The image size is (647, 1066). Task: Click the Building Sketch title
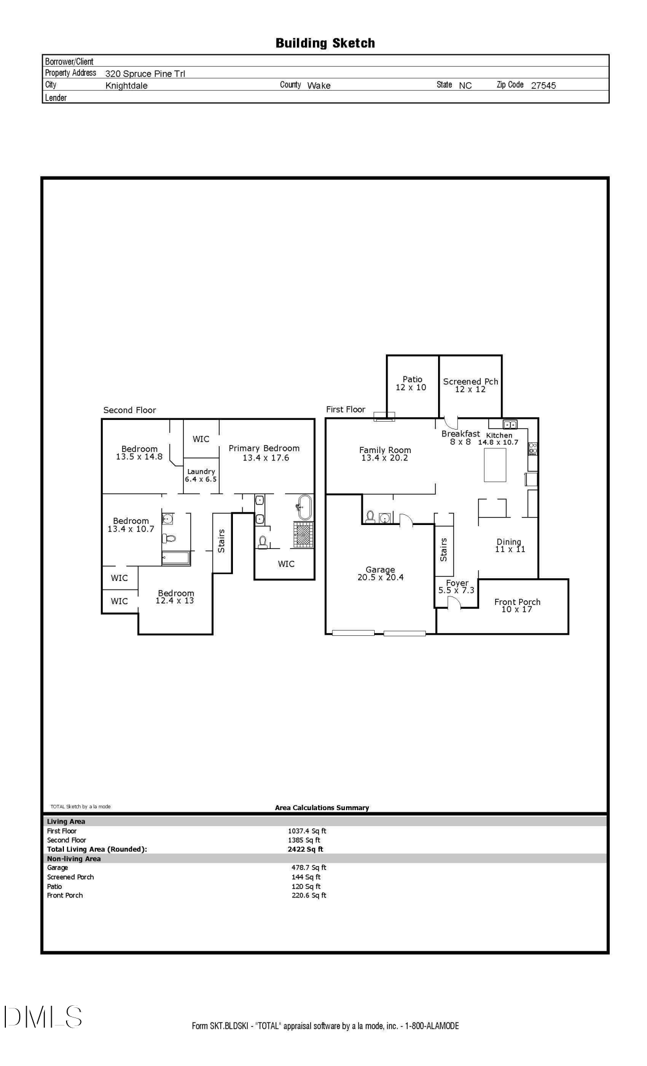point(325,43)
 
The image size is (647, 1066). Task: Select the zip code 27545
point(543,85)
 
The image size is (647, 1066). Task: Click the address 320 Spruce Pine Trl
point(145,74)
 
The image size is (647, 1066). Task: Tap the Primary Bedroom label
point(264,448)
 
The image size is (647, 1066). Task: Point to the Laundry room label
point(201,471)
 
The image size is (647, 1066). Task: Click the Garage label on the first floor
point(380,569)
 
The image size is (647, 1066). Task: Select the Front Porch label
point(517,602)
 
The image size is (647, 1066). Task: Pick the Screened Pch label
point(471,382)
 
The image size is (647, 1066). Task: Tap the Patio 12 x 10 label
point(411,383)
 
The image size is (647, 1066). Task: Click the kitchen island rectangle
point(495,465)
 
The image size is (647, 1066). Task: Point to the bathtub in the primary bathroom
point(304,507)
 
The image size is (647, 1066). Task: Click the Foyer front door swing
point(453,602)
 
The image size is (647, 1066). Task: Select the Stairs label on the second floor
point(221,541)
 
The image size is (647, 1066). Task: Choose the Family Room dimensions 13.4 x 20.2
point(384,458)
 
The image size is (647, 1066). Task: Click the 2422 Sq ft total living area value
point(305,849)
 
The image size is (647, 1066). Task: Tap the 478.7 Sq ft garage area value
point(309,868)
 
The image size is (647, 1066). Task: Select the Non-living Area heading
point(74,859)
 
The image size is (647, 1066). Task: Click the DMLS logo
point(43,1016)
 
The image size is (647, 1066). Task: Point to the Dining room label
point(509,542)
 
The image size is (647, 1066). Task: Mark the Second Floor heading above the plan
point(130,410)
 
